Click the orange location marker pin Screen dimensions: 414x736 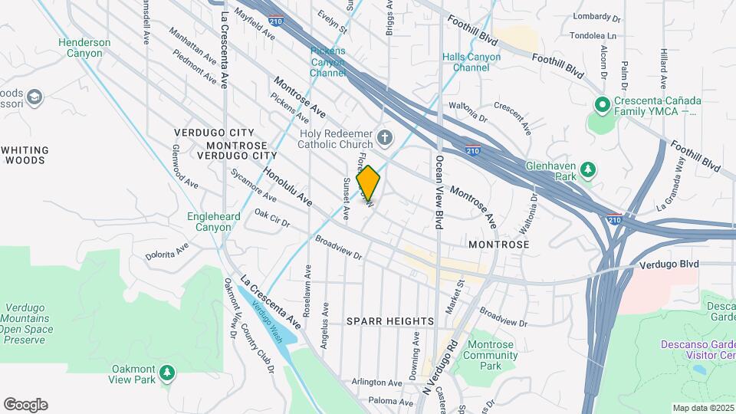tap(368, 182)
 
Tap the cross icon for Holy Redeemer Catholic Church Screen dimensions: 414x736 tap(386, 139)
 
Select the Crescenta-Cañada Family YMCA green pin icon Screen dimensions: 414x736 tap(602, 105)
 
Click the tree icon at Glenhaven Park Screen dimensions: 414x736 tap(588, 169)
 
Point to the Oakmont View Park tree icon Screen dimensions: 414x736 tap(166, 373)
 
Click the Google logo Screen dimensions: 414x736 tap(25, 405)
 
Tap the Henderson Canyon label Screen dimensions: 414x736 tap(84, 48)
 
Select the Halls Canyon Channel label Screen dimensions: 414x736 tap(471, 62)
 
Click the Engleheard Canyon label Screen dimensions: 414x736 tap(214, 222)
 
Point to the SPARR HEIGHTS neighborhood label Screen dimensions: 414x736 tap(390, 320)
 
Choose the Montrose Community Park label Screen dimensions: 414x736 tap(491, 355)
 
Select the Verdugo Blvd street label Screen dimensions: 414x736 tap(669, 264)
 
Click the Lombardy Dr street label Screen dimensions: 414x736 tap(596, 17)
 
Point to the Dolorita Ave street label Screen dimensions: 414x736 tap(167, 251)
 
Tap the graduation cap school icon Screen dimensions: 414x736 tap(34, 97)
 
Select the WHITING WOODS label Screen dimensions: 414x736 tap(25, 155)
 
